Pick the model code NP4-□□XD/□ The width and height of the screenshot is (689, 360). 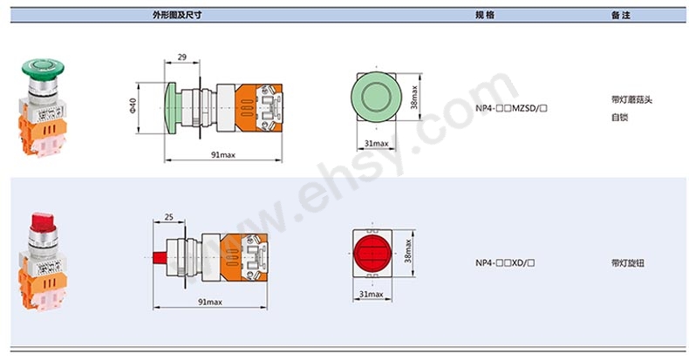[x=504, y=262]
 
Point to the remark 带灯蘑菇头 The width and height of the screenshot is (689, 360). [x=631, y=99]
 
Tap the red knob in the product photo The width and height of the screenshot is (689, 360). [x=40, y=216]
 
